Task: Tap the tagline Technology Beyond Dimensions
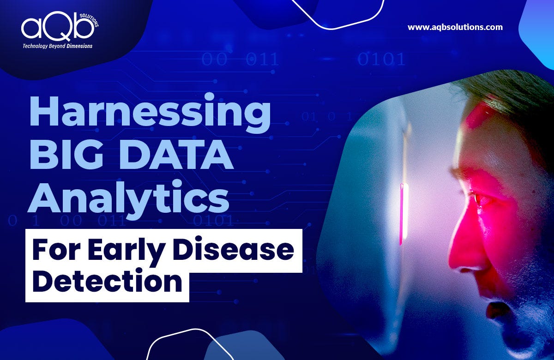(58, 46)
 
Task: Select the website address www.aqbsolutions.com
(455, 27)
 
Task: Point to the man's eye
(477, 199)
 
